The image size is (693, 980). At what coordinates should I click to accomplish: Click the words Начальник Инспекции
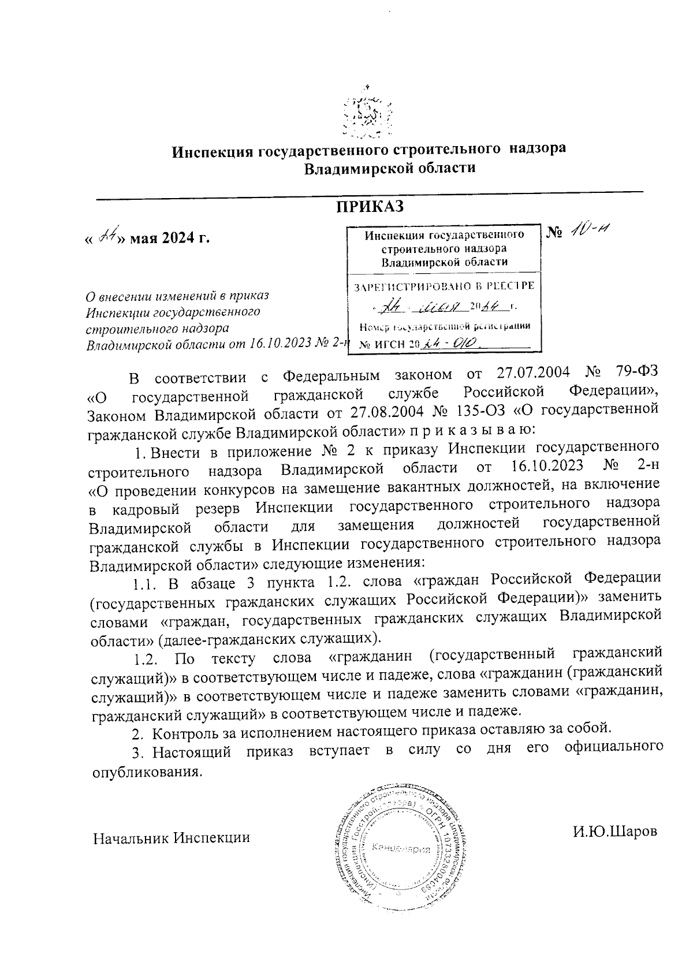(x=172, y=837)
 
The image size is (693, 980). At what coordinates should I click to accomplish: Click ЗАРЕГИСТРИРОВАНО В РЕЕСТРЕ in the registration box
(x=444, y=286)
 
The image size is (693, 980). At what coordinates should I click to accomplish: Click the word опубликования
(x=147, y=772)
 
